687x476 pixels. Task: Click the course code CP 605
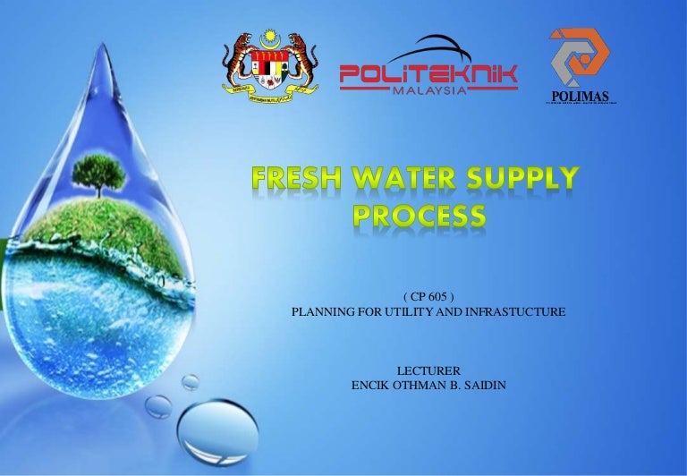point(428,295)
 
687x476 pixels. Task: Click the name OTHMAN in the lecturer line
point(423,386)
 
